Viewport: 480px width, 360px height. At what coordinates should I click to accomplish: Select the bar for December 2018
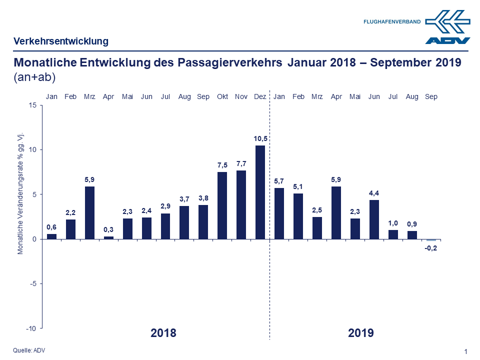pos(260,192)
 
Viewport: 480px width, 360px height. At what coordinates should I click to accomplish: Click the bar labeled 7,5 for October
pos(222,205)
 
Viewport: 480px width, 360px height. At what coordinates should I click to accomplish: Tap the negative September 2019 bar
pos(431,240)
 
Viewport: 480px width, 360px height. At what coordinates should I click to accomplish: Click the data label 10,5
pos(260,138)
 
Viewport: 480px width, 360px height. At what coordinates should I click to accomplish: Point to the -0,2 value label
pos(431,248)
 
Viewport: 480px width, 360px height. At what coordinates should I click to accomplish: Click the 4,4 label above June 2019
pos(374,192)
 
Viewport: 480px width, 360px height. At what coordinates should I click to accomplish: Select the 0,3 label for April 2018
pos(108,229)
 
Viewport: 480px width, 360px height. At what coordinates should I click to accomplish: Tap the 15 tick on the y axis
pos(32,105)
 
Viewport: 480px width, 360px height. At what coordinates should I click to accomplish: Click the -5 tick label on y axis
pos(32,283)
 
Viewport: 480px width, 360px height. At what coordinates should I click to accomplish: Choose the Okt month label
pos(222,96)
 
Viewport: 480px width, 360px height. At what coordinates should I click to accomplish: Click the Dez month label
pos(260,96)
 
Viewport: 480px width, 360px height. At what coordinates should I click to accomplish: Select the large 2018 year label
pos(163,333)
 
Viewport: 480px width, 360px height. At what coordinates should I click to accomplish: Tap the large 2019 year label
pos(361,333)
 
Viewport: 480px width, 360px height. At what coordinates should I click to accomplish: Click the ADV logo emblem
pos(448,26)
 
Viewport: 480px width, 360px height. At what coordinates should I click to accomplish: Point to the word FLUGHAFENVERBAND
pos(392,22)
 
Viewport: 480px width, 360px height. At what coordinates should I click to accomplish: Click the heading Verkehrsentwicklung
pos(61,41)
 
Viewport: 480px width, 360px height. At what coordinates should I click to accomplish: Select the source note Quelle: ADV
pos(29,350)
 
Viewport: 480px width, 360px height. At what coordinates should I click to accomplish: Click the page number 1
pos(465,352)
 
